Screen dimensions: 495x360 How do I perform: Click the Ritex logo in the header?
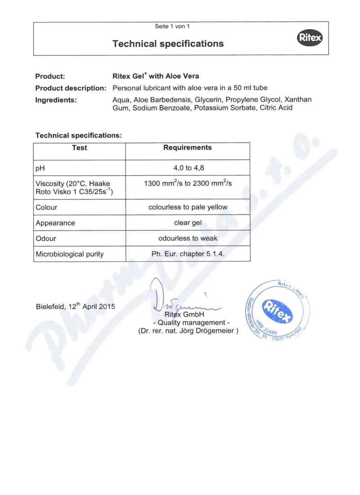[310, 39]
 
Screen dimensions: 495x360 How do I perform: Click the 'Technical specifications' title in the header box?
[168, 44]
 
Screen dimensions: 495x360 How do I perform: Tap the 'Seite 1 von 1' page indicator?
[172, 26]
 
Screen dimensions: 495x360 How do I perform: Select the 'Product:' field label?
[50, 76]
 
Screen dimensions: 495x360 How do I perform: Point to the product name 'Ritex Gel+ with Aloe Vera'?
[155, 76]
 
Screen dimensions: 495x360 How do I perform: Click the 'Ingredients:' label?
[56, 99]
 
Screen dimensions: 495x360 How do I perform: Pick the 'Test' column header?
[80, 148]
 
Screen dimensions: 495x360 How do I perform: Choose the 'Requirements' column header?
[187, 148]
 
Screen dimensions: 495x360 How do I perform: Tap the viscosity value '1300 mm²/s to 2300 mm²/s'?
[187, 183]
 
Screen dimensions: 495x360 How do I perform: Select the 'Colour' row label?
[46, 207]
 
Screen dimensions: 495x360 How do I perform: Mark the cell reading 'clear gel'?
[188, 223]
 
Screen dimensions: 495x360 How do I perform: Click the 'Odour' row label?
[45, 238]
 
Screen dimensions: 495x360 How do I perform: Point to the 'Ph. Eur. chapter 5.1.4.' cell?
[188, 254]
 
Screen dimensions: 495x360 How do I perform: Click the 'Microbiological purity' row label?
[69, 254]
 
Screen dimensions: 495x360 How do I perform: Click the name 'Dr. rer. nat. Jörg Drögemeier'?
[188, 332]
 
